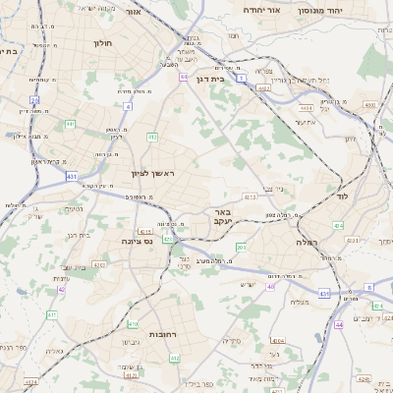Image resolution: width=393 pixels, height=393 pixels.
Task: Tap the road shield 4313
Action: (x=252, y=196)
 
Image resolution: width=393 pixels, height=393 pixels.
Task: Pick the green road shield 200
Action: (x=241, y=247)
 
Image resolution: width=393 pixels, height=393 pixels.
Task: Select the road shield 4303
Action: (x=99, y=264)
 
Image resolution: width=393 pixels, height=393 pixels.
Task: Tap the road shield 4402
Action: (x=263, y=87)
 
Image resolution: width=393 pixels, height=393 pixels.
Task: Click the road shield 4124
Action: (x=32, y=381)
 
